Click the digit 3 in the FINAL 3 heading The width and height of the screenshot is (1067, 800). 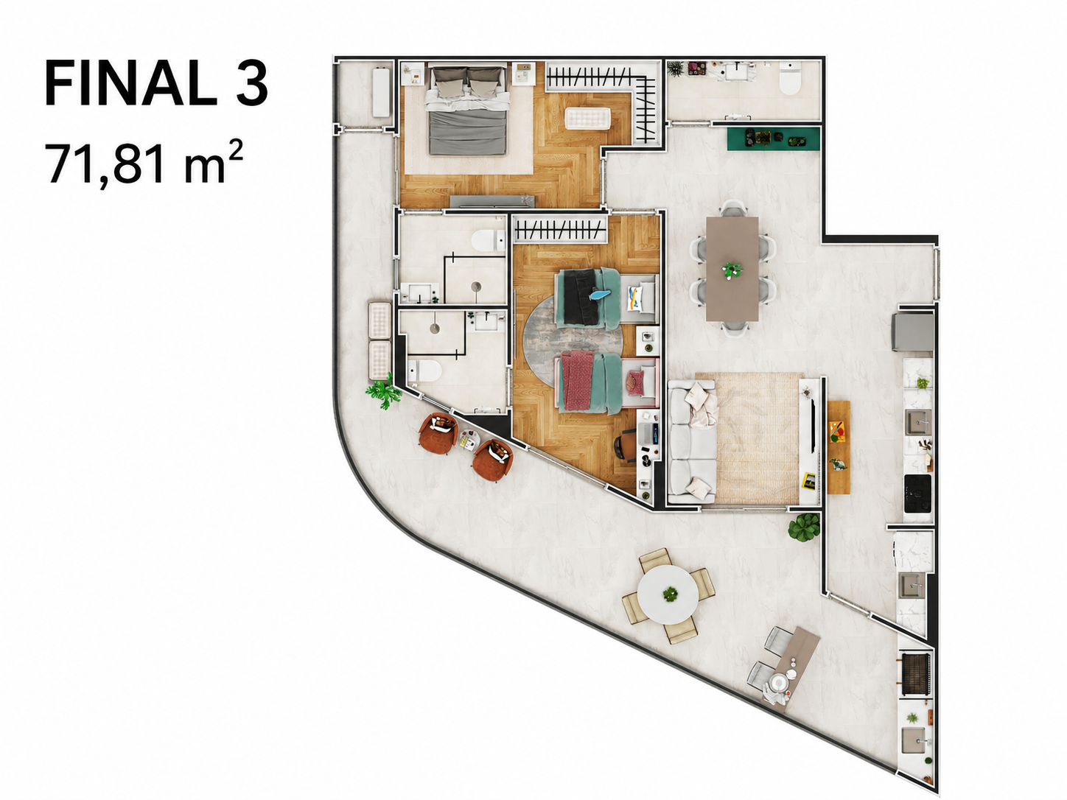pyautogui.click(x=252, y=83)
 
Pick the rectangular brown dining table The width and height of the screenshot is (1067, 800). pyautogui.click(x=732, y=269)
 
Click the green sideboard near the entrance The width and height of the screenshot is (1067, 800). pyautogui.click(x=773, y=138)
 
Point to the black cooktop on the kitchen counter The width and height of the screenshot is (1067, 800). pyautogui.click(x=917, y=494)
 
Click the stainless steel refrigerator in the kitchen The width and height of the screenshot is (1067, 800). pyautogui.click(x=912, y=331)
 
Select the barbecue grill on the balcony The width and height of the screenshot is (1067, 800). pyautogui.click(x=915, y=674)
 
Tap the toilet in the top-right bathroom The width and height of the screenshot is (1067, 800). pyautogui.click(x=790, y=78)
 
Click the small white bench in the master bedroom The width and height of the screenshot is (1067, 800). pyautogui.click(x=587, y=119)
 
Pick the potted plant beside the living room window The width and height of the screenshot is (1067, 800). pyautogui.click(x=804, y=527)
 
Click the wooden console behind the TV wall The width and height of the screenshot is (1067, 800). pyautogui.click(x=839, y=447)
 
